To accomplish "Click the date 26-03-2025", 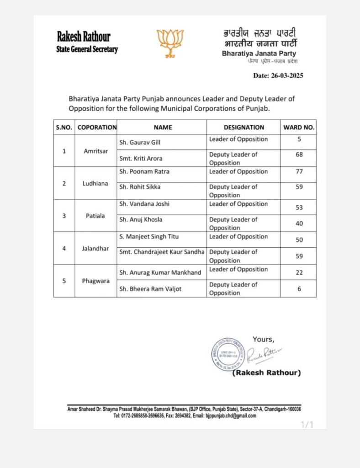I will click(278, 76).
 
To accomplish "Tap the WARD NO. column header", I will click(299, 128).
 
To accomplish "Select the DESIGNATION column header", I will click(244, 128).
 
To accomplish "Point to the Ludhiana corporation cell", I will click(95, 183).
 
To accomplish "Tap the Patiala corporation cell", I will click(95, 216).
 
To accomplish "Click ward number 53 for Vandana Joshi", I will click(299, 207).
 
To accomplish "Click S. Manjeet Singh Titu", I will click(149, 237).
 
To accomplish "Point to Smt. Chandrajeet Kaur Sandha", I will click(162, 252).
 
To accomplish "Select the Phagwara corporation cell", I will click(95, 281).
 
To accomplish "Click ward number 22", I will click(299, 272).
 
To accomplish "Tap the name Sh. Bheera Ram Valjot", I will click(150, 288).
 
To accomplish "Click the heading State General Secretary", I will click(87, 49).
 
